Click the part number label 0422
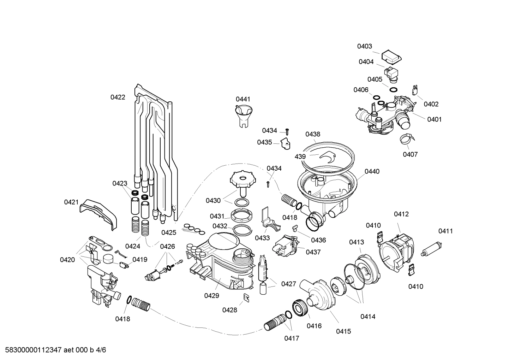118,97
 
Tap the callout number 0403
364,46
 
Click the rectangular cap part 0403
392,56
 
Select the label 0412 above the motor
401,214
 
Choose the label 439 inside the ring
300,157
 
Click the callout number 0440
372,171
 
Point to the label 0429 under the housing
211,296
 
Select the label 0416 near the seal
314,326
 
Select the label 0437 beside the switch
313,252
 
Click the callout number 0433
262,238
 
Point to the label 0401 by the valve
434,119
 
